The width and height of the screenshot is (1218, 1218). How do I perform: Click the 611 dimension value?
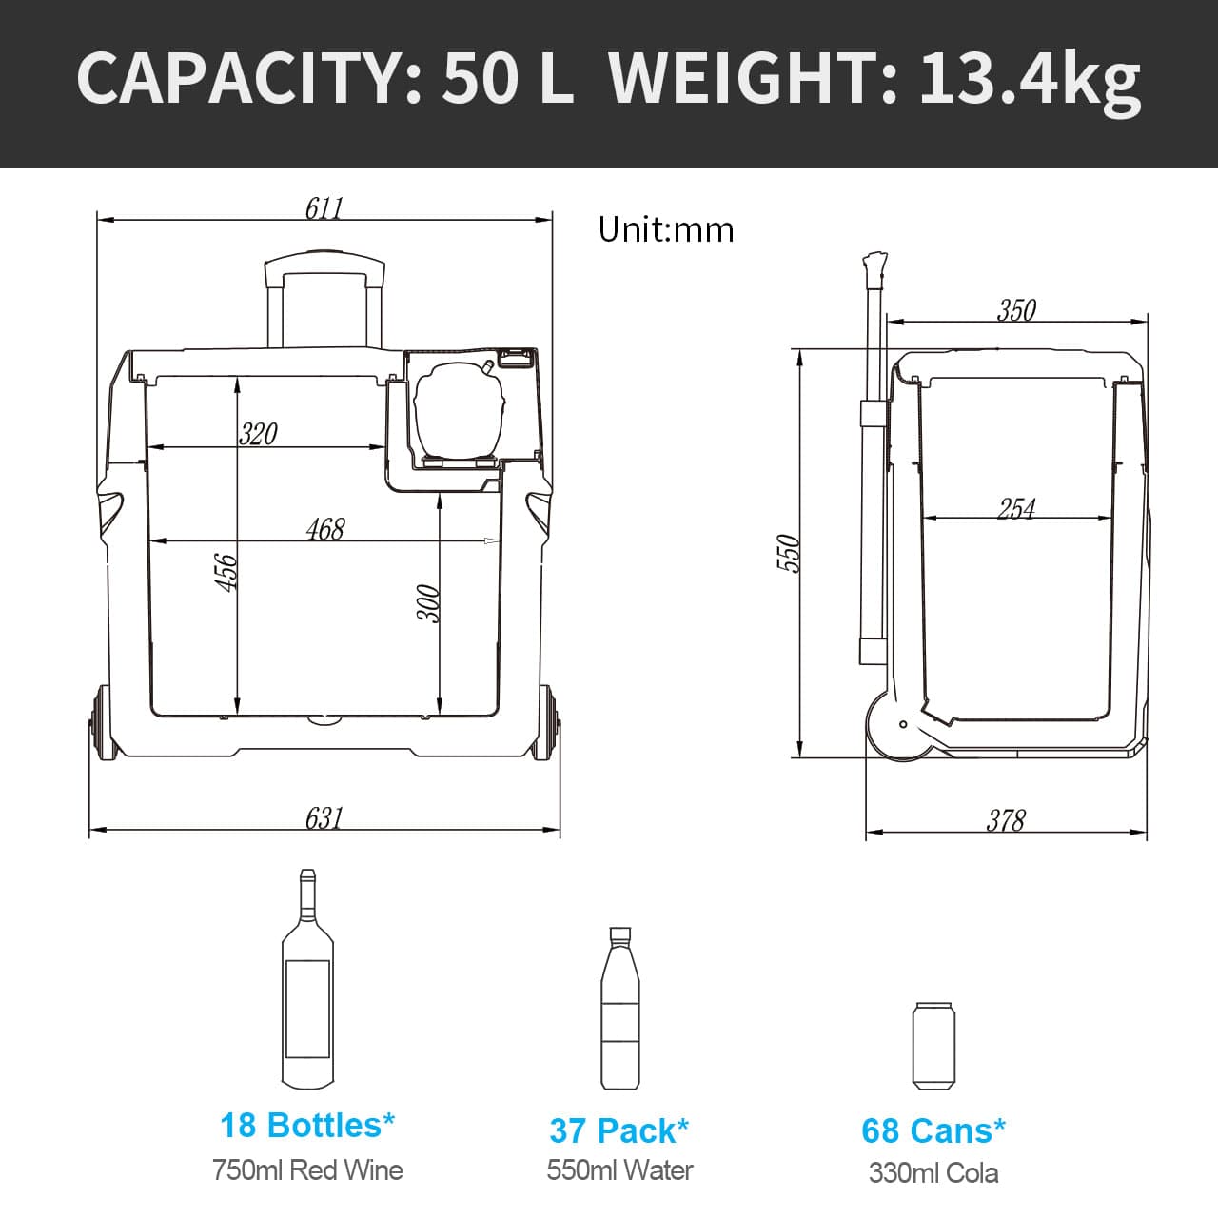point(324,207)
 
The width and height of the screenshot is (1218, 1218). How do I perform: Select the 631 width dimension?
point(324,818)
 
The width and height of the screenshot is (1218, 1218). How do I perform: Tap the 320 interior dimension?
point(258,434)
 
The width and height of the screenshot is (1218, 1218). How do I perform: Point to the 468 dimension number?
point(325,529)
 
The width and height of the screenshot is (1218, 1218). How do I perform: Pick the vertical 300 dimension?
point(430,603)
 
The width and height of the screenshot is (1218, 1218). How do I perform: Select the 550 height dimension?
point(789,553)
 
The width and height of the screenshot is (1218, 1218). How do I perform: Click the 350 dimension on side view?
point(1016,310)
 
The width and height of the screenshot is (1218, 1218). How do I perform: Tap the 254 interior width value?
point(1016,508)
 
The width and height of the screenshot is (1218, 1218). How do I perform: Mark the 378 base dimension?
point(1006,820)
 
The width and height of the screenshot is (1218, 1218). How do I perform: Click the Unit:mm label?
point(666,229)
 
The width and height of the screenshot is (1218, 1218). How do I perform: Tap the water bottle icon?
point(619,1009)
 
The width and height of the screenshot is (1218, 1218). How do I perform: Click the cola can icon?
point(933,1045)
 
